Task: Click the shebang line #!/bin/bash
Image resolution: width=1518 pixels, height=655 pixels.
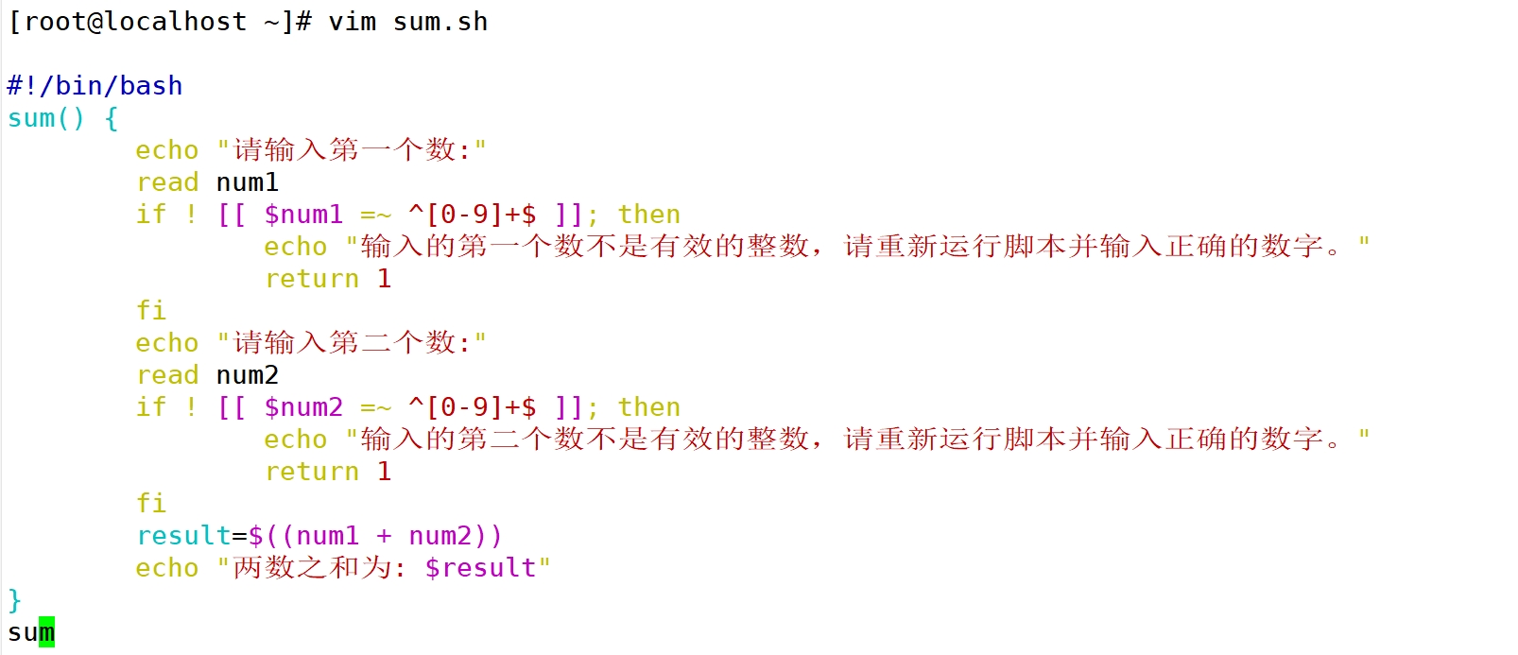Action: [95, 86]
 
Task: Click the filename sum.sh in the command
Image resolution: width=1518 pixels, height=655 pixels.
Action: [440, 22]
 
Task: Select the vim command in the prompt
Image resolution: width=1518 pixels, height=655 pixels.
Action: [352, 22]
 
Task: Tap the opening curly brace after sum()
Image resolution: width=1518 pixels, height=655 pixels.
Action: [112, 118]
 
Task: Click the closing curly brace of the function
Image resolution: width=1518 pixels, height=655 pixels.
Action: [14, 600]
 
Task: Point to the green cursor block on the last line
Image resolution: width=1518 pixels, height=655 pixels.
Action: [46, 631]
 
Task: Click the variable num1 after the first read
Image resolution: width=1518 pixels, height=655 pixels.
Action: [248, 182]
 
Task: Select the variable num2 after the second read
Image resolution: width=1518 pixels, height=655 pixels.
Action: [248, 375]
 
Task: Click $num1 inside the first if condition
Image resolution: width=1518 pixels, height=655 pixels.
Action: [303, 215]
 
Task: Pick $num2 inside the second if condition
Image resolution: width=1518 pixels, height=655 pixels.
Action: [303, 407]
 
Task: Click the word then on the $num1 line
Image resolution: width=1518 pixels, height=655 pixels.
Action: [649, 215]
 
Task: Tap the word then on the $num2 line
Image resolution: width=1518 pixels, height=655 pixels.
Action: [649, 407]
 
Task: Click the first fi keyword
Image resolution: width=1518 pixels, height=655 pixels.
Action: [151, 311]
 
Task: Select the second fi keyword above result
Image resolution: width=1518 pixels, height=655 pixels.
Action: [151, 504]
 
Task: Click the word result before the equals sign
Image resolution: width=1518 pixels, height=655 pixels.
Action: [183, 536]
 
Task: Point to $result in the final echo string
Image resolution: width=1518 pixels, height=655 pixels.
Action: [480, 568]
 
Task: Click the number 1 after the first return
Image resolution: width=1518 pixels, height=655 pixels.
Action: [384, 279]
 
